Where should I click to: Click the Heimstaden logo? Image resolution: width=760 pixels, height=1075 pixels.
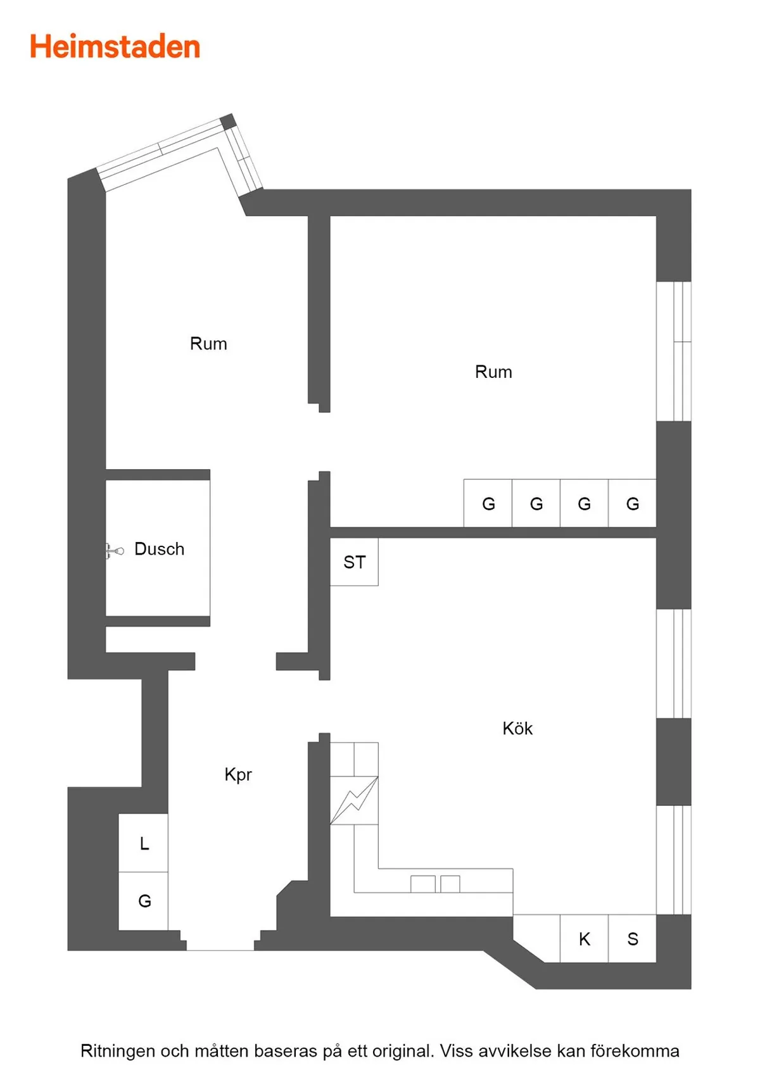(x=115, y=47)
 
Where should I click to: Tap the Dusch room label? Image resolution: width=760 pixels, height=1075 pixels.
(x=159, y=548)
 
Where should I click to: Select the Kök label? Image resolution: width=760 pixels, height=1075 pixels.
(x=517, y=728)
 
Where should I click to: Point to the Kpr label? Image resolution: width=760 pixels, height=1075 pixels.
(x=238, y=774)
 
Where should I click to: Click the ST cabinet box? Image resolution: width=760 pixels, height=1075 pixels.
(x=354, y=562)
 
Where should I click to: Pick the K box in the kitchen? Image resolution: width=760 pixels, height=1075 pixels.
(x=585, y=938)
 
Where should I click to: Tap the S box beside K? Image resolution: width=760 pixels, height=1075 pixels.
(x=632, y=938)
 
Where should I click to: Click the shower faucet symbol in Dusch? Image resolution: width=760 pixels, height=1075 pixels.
(x=114, y=551)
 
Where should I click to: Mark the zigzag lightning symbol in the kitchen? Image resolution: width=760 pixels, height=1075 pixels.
(x=354, y=800)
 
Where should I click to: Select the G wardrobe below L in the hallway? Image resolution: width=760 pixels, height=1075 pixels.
(x=144, y=901)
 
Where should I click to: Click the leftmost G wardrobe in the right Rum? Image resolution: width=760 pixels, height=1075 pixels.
(x=488, y=503)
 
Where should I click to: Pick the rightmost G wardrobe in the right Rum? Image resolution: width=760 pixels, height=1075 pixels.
(x=632, y=503)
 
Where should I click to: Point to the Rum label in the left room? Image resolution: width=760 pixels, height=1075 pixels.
(x=208, y=344)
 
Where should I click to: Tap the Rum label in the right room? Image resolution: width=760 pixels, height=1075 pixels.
(x=493, y=372)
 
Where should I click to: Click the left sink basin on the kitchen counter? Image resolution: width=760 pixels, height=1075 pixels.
(x=423, y=884)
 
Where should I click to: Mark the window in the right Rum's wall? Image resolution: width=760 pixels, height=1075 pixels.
(x=674, y=351)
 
